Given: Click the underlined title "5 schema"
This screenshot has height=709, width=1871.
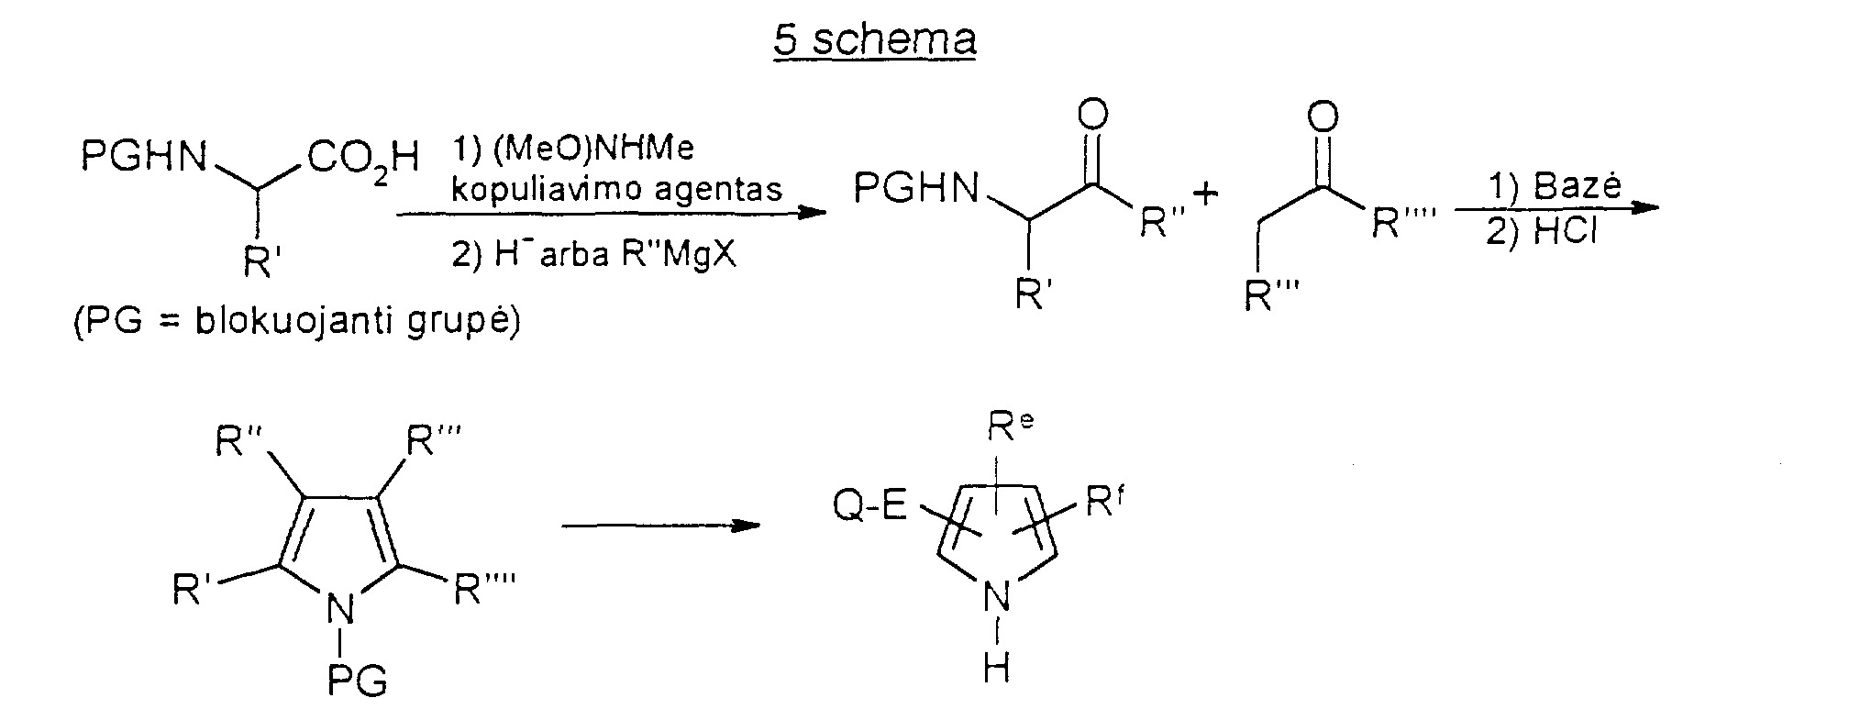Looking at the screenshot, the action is [x=874, y=40].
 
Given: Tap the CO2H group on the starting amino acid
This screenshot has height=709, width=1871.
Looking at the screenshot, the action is [x=363, y=159].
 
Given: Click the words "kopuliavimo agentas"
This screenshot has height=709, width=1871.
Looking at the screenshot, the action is [x=617, y=189].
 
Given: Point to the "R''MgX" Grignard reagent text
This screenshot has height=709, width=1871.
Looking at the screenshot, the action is [x=680, y=254].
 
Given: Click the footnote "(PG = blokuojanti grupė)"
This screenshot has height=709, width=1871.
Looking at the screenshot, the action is [x=297, y=324].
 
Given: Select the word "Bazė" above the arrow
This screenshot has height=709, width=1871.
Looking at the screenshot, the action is [x=1574, y=186].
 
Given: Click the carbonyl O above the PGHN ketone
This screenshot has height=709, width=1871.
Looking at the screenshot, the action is [x=1093, y=116].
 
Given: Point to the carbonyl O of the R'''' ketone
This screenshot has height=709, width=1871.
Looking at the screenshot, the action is [x=1322, y=116].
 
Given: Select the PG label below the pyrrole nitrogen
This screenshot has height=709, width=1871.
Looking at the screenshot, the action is [x=357, y=681].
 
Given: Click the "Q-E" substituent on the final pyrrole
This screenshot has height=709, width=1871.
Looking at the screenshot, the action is [x=870, y=506].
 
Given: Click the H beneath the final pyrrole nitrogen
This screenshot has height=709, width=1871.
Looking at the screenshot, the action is [x=996, y=669].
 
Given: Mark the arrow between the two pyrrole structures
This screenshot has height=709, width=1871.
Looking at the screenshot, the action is [x=660, y=526].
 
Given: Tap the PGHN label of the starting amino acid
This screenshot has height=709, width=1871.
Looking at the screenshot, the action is [x=145, y=157].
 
